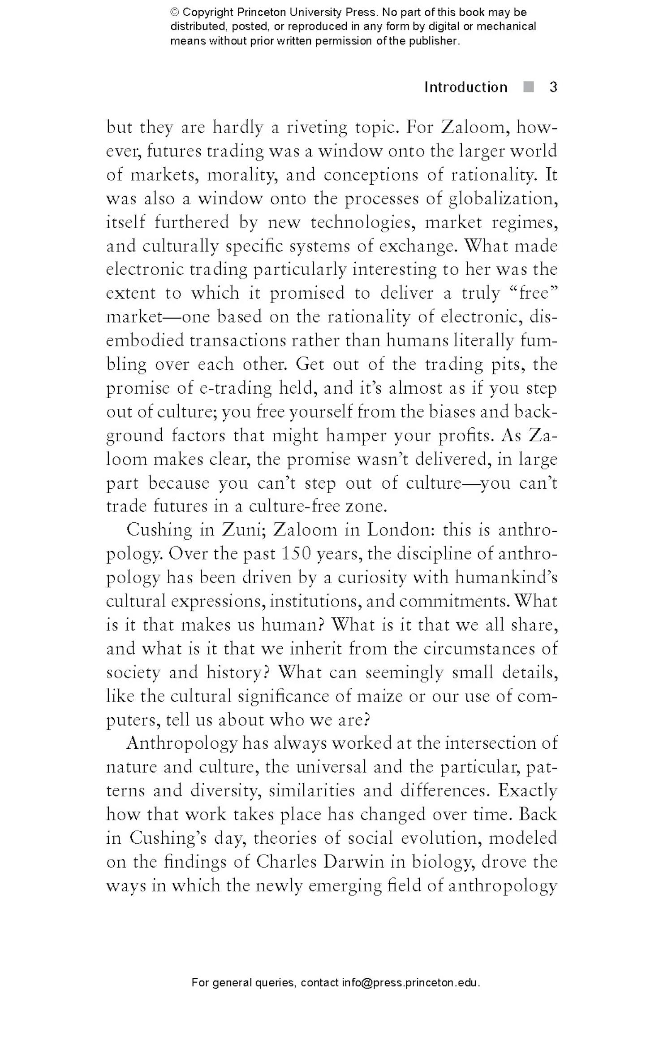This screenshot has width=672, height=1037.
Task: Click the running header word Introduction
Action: point(465,87)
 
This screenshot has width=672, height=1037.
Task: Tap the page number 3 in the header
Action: point(553,87)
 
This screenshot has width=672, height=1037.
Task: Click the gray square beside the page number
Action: point(529,87)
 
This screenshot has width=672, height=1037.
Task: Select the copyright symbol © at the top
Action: point(175,12)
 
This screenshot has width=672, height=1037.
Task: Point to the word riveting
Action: point(316,128)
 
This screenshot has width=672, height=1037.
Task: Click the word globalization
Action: point(502,199)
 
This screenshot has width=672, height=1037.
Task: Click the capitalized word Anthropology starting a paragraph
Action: point(181,744)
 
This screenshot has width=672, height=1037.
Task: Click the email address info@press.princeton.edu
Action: point(411,983)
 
